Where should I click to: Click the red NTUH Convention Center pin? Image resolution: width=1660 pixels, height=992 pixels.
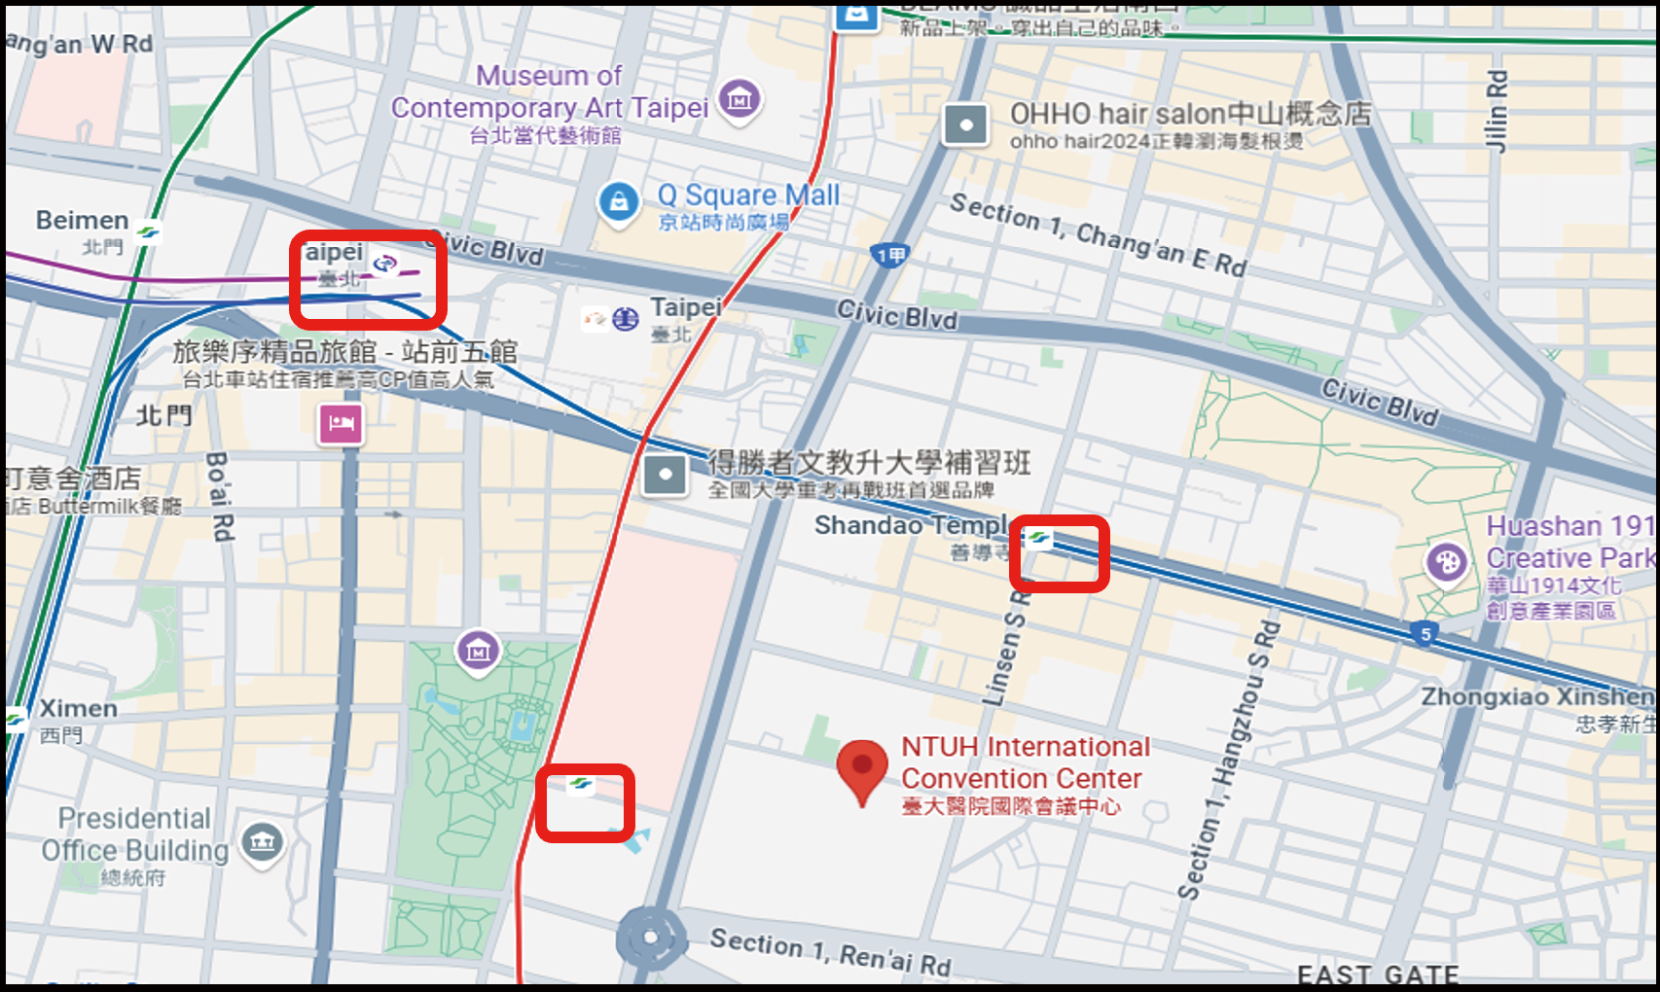(x=862, y=768)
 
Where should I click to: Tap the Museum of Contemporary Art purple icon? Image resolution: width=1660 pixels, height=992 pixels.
(x=740, y=99)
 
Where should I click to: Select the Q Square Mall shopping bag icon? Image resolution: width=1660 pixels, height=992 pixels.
(x=618, y=202)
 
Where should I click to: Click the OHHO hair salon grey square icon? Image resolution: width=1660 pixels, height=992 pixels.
(x=965, y=124)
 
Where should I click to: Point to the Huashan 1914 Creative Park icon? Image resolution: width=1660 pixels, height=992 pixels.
(x=1447, y=562)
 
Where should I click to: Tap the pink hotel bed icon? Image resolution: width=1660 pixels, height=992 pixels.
(x=341, y=423)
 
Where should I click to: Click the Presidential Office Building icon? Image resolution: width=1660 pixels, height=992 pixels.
(x=262, y=842)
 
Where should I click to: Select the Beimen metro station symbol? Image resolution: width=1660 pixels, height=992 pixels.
(x=148, y=231)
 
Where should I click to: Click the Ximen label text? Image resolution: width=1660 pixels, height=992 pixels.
(x=78, y=708)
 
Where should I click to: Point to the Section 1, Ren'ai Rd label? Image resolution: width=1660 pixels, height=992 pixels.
(x=829, y=952)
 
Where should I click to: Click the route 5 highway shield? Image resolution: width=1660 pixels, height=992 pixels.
(x=1425, y=634)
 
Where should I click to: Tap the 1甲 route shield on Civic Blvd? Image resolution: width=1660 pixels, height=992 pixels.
(x=890, y=255)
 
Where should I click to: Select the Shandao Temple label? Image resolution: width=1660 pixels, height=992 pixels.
(x=913, y=525)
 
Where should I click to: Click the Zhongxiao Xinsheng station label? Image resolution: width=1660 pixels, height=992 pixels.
(x=1537, y=696)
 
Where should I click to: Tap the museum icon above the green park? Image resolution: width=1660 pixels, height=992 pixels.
(x=478, y=650)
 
